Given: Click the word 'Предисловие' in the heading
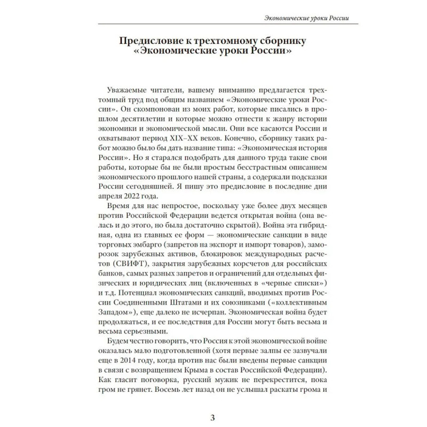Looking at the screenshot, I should click(149, 41).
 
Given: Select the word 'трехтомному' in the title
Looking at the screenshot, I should click(230, 41).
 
